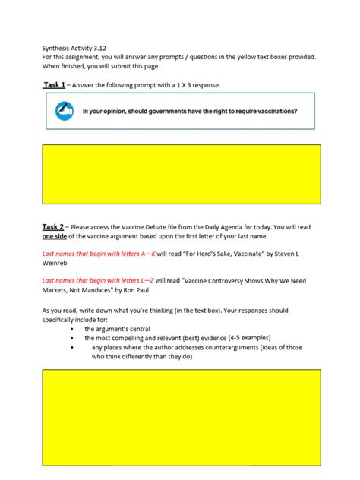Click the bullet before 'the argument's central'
[x=71, y=330]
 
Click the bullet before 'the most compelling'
[x=71, y=339]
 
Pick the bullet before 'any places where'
[x=71, y=348]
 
